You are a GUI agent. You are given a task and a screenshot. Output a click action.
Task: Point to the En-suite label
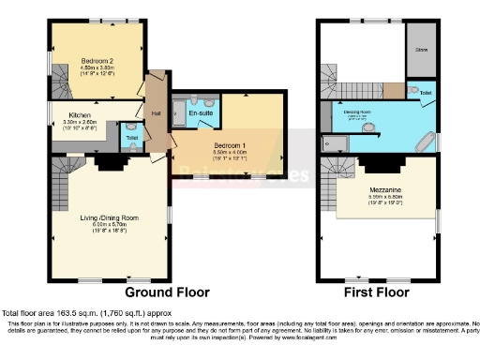point(200,113)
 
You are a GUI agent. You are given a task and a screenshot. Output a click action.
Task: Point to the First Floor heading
point(377,292)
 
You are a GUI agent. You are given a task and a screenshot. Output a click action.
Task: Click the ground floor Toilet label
point(132,138)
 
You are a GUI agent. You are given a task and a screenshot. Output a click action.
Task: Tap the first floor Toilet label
point(426,94)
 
